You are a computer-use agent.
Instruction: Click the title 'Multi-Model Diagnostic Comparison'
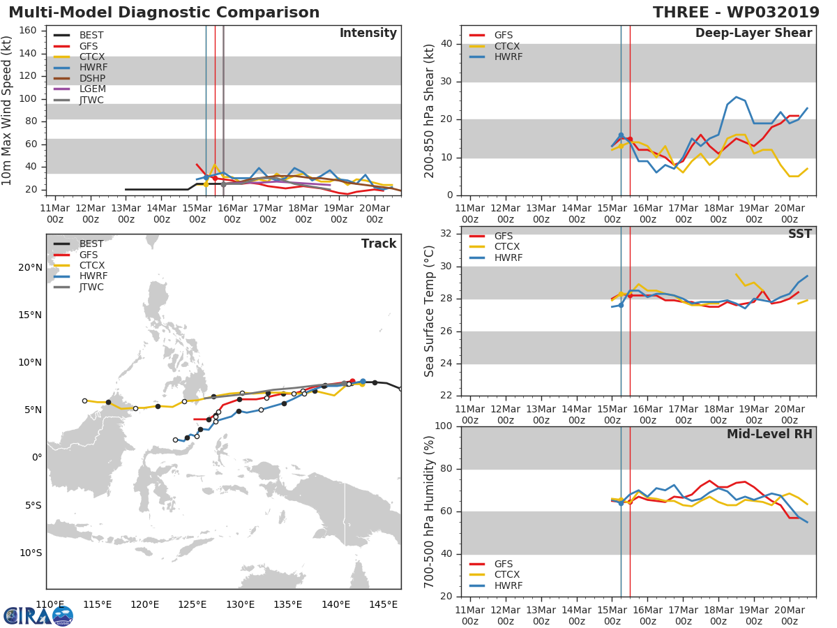click(x=164, y=13)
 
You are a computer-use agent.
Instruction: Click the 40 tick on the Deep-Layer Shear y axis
click(x=447, y=44)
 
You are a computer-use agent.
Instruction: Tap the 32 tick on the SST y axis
click(x=447, y=234)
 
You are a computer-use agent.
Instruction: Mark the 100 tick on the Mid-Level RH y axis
click(x=444, y=426)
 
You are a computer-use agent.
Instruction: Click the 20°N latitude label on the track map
click(x=30, y=268)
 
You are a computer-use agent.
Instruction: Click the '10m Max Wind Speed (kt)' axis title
click(x=8, y=110)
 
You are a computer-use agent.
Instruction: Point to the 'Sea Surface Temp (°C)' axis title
click(x=430, y=312)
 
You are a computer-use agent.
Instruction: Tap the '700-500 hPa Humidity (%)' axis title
click(x=430, y=511)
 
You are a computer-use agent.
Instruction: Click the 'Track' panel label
click(x=379, y=244)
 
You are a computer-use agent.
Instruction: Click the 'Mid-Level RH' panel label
click(x=769, y=435)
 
